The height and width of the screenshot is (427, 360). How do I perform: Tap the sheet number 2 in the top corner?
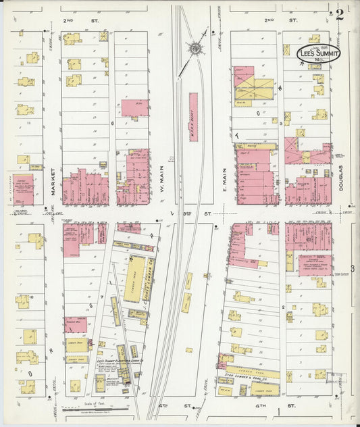(x=340, y=14)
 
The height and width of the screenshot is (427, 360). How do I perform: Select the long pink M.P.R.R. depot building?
(x=193, y=116)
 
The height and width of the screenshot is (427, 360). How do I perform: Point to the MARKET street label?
(x=52, y=183)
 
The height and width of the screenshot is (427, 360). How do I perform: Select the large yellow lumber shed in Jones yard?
(x=136, y=278)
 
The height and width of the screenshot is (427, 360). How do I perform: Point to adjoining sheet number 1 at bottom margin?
(x=278, y=411)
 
